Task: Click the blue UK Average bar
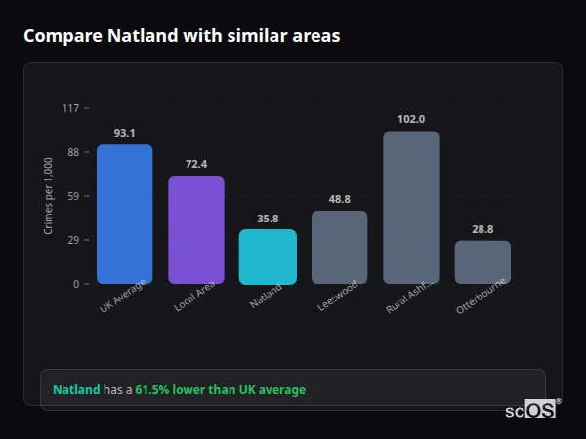point(124,215)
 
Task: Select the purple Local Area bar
point(196,230)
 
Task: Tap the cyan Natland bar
point(268,257)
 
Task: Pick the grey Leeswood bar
point(339,248)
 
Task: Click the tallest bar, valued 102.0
point(411,208)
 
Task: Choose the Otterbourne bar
point(482,262)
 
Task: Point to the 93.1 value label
point(124,133)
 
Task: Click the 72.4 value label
point(196,164)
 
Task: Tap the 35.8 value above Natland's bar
point(268,219)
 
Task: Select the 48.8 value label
point(339,199)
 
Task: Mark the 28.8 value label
point(482,229)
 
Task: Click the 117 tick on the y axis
point(70,108)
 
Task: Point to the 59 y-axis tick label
point(73,196)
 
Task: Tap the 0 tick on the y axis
point(76,284)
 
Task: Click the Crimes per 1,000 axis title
point(49,195)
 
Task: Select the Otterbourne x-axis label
point(481,298)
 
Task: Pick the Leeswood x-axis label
point(336,297)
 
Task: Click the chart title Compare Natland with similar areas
point(182,36)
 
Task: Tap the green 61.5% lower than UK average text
point(220,390)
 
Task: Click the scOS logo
point(530,410)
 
